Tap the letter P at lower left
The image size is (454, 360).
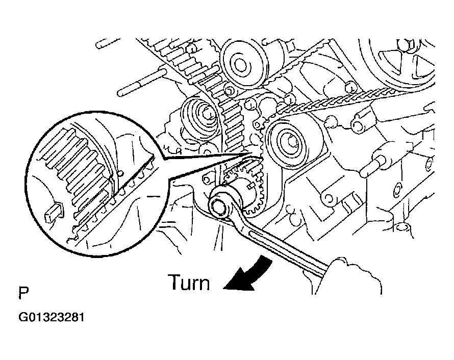point(23,294)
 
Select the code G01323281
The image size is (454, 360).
point(51,317)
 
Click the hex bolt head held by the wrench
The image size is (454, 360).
point(220,209)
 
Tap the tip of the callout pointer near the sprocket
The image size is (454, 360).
point(249,153)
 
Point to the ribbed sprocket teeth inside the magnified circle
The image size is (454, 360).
point(77,168)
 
